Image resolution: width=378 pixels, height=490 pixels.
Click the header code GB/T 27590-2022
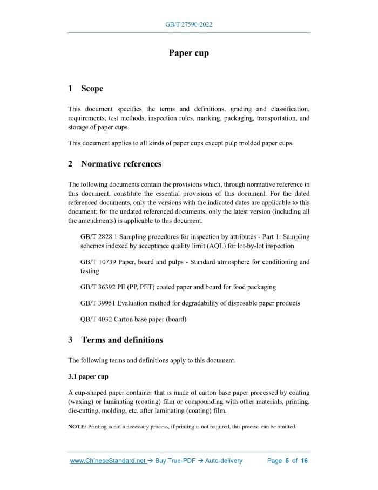coord(188,25)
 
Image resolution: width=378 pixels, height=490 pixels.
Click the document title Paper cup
coord(188,53)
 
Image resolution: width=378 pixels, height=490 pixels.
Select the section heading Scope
coord(92,89)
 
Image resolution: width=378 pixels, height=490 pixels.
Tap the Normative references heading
coord(121,164)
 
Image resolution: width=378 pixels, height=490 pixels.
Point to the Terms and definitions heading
coord(122,340)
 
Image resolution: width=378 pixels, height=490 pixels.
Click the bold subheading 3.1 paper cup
coord(88,376)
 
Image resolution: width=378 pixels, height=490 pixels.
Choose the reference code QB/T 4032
coord(96,319)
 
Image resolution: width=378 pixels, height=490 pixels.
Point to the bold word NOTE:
coord(77,427)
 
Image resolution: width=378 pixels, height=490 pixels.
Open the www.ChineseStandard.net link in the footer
coord(108,461)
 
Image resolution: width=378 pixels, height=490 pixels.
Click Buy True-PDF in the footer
coord(175,461)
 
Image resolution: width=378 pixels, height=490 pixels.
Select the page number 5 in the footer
coord(287,461)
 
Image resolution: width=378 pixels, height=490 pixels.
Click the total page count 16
coord(304,461)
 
